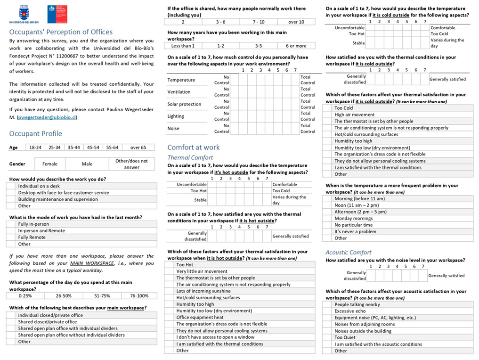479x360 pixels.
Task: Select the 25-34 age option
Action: click(x=54, y=147)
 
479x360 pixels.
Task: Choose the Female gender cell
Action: click(x=50, y=164)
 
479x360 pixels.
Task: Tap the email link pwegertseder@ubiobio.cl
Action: click(x=47, y=117)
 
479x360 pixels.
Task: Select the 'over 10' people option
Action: click(x=296, y=22)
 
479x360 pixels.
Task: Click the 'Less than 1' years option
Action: click(x=183, y=46)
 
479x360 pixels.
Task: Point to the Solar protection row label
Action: click(x=184, y=104)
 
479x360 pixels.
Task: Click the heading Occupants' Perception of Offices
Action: click(x=61, y=32)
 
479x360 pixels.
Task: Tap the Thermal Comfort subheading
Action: click(x=190, y=157)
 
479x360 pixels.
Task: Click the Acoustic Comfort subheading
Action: click(x=349, y=253)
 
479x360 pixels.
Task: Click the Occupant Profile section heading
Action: click(x=36, y=133)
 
